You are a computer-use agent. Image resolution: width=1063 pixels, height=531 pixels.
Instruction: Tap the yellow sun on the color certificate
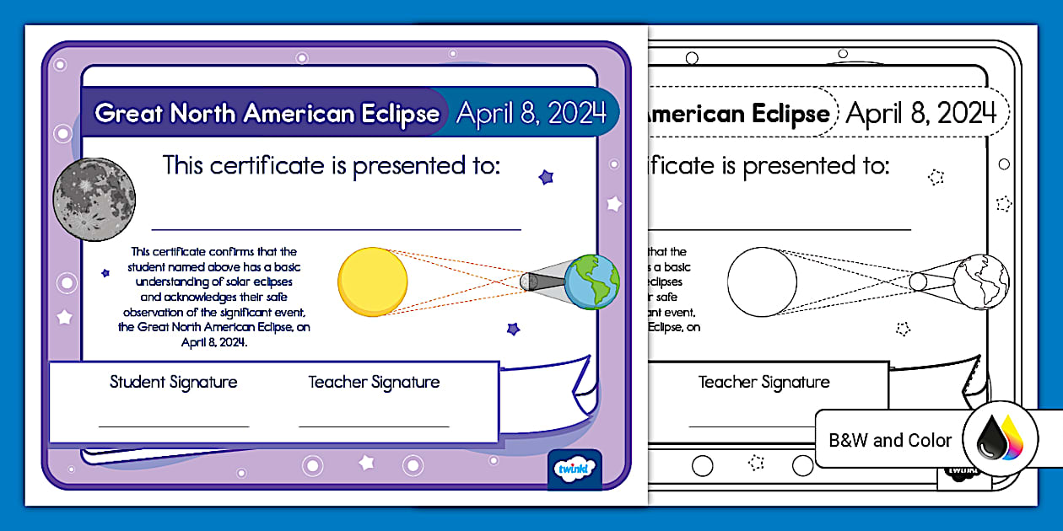point(372,282)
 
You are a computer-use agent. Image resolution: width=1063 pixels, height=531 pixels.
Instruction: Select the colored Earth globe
point(591,282)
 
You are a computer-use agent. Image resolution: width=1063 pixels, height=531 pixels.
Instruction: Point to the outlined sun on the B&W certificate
point(762,282)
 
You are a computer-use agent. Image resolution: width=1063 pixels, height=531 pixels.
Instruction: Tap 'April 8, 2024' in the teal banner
point(531,113)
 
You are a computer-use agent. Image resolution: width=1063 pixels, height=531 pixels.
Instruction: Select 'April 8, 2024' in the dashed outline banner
point(921,113)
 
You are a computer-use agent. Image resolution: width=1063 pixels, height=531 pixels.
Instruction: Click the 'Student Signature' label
point(174,382)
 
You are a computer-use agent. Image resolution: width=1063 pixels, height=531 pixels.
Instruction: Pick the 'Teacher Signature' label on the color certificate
point(374,382)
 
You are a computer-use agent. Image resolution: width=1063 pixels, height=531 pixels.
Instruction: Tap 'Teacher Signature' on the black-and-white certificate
point(764,382)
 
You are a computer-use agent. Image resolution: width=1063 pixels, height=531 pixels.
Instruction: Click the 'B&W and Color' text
point(890,440)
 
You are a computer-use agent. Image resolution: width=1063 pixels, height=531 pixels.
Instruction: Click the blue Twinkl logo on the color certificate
point(574,469)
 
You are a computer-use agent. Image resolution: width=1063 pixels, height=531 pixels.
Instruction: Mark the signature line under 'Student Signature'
point(174,426)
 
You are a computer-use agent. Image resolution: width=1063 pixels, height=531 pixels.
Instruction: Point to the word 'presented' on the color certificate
point(406,165)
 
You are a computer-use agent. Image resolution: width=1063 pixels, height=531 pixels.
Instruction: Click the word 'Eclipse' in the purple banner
point(397,114)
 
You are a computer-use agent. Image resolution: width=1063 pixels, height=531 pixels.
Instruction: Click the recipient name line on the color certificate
point(336,228)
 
